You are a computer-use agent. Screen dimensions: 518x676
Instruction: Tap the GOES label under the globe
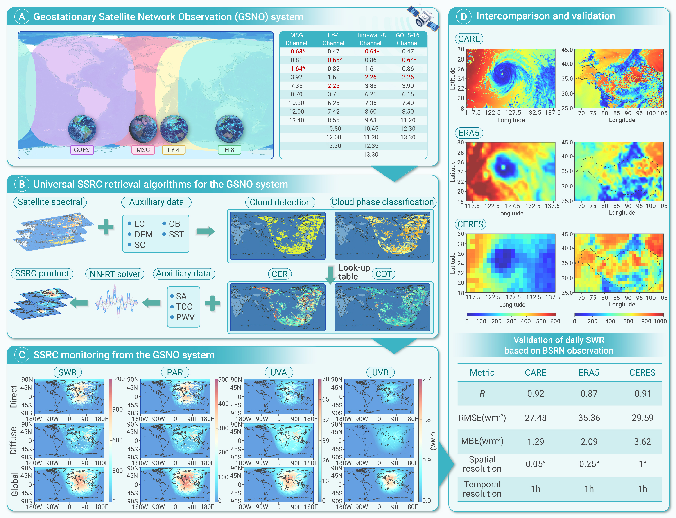click(x=82, y=150)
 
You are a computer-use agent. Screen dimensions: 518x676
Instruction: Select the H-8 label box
click(x=229, y=150)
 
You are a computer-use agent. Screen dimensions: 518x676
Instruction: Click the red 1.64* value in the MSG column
click(x=298, y=68)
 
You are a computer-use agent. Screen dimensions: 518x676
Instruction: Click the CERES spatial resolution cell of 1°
click(x=642, y=464)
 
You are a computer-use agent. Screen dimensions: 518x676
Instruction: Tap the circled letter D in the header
click(x=463, y=16)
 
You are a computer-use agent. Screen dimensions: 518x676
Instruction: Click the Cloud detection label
click(x=280, y=202)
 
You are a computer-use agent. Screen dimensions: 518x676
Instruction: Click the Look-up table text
click(x=354, y=272)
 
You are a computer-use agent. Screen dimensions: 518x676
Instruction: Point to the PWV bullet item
click(x=185, y=317)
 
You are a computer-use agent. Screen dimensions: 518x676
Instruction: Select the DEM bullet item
click(x=143, y=234)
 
